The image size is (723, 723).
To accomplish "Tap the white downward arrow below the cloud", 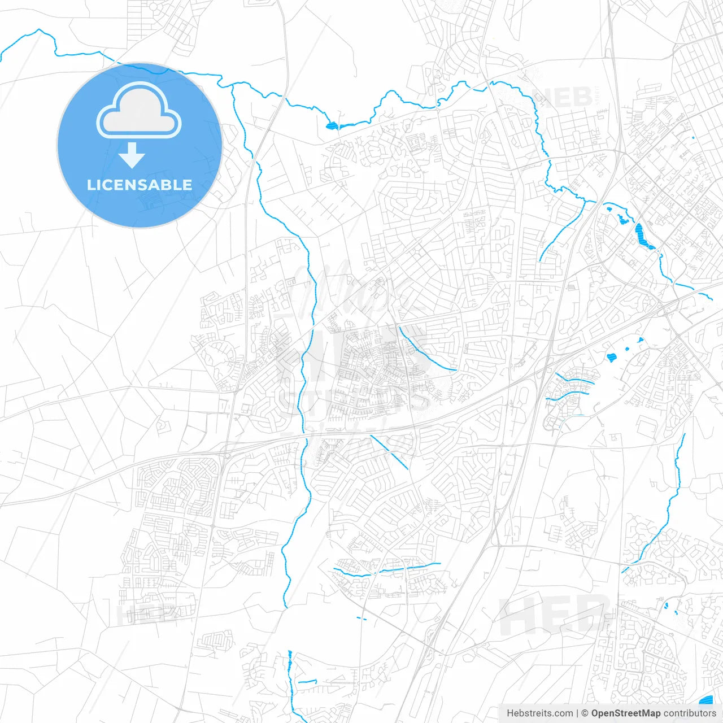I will pyautogui.click(x=132, y=155).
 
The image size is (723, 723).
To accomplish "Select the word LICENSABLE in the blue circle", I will pyautogui.click(x=139, y=185).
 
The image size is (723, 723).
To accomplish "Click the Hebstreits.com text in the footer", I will pyautogui.click(x=539, y=713).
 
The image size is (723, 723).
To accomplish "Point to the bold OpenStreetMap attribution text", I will pyautogui.click(x=625, y=713).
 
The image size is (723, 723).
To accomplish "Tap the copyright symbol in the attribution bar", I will pyautogui.click(x=585, y=713).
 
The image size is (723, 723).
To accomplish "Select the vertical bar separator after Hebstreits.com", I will pyautogui.click(x=577, y=713).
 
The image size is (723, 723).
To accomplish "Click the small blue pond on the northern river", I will pyautogui.click(x=332, y=125).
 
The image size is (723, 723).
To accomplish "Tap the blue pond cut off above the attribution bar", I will pyautogui.click(x=705, y=699).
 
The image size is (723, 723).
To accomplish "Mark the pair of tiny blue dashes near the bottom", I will pyautogui.click(x=361, y=619).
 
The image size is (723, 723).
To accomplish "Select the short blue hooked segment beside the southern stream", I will pyautogui.click(x=307, y=682).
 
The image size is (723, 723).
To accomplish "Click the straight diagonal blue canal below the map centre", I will pyautogui.click(x=389, y=452).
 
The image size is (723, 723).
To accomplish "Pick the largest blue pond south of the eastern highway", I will pyautogui.click(x=611, y=357).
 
